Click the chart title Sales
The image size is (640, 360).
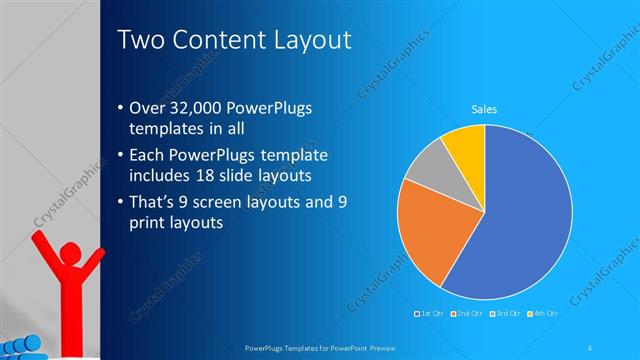(x=485, y=110)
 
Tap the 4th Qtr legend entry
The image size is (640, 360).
(x=544, y=314)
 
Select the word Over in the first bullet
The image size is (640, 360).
(x=147, y=109)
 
